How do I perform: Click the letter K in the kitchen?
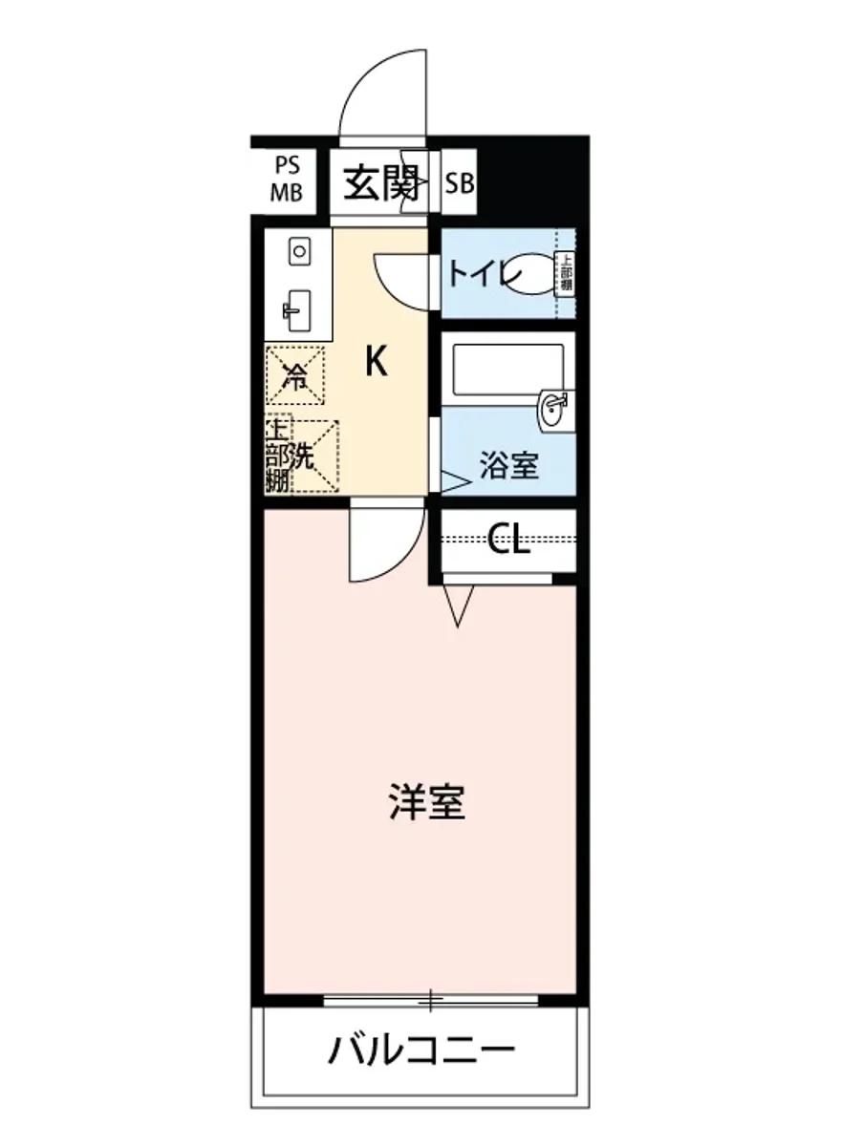pos(377,362)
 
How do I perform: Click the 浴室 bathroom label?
pos(508,467)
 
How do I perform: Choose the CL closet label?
pos(508,541)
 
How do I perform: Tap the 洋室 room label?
pos(426,803)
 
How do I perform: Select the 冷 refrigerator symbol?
pos(296,375)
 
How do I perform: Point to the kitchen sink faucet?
pos(294,309)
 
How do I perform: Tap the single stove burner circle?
pos(299,252)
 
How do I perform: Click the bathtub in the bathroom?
pos(507,369)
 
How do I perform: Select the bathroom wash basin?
pos(553,411)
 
